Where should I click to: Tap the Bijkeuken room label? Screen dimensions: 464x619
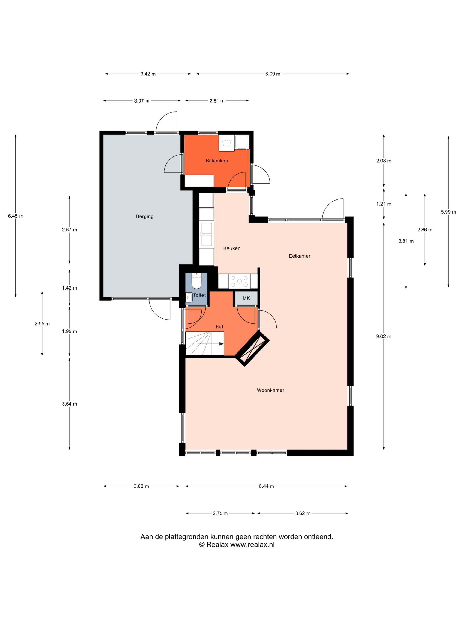coord(217,161)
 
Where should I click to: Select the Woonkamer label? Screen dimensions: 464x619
coord(270,390)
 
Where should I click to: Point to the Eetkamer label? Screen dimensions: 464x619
coord(299,256)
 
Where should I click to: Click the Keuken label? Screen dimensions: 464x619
coord(232,248)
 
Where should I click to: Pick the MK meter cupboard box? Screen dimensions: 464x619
coord(246,298)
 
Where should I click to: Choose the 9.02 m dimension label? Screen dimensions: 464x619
coord(384,337)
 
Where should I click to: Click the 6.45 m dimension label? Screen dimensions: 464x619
coord(16,216)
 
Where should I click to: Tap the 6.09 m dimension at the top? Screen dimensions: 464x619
coord(273,74)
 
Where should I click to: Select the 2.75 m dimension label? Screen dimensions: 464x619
coord(220,513)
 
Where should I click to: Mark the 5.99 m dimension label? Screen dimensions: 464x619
coord(449,212)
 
